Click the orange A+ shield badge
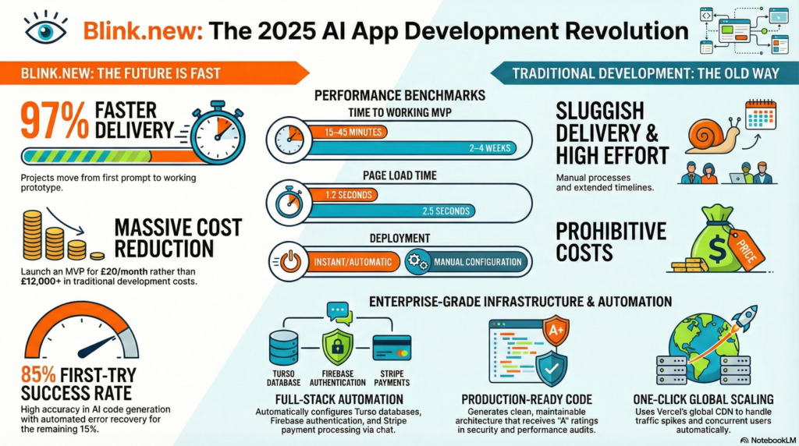pos(556,331)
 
